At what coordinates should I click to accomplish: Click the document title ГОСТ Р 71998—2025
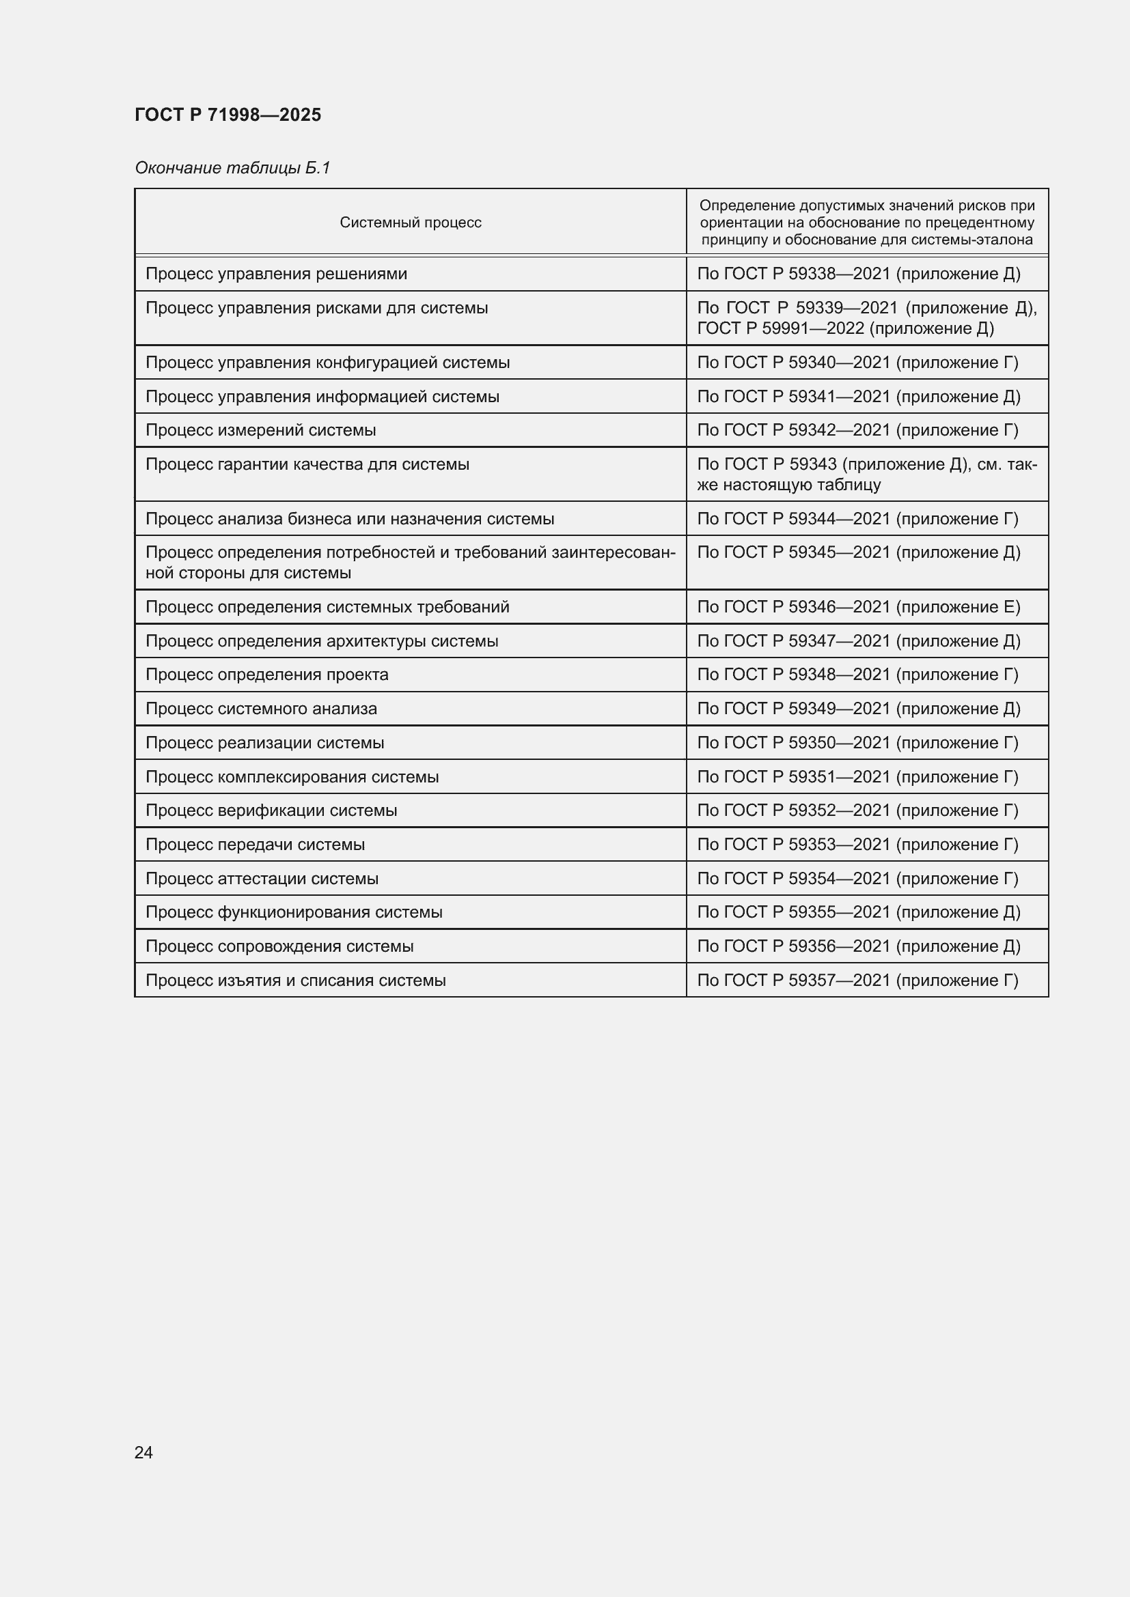[x=228, y=115]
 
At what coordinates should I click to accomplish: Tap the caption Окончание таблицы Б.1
[x=232, y=168]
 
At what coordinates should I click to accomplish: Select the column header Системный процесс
[x=411, y=223]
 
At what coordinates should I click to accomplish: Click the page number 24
[x=143, y=1452]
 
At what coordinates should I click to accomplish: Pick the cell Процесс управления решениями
[x=276, y=274]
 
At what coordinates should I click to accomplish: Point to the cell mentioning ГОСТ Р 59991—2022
[x=866, y=318]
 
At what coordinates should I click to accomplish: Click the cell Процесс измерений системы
[x=261, y=431]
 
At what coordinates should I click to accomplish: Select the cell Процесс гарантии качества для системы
[x=307, y=465]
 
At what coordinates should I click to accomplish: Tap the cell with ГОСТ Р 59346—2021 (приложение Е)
[x=859, y=607]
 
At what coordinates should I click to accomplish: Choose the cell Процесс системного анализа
[x=261, y=709]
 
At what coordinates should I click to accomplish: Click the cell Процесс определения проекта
[x=267, y=675]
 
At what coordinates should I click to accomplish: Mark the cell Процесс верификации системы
[x=271, y=810]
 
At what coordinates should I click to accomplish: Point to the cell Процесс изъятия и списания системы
[x=296, y=980]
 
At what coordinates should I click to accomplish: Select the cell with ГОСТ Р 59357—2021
[x=858, y=980]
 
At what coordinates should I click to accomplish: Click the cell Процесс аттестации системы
[x=262, y=879]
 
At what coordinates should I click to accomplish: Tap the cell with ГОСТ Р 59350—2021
[x=858, y=743]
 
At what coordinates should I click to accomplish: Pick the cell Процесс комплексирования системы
[x=292, y=777]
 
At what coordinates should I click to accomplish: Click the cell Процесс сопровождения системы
[x=279, y=946]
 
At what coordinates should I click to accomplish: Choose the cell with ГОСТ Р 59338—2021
[x=859, y=274]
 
